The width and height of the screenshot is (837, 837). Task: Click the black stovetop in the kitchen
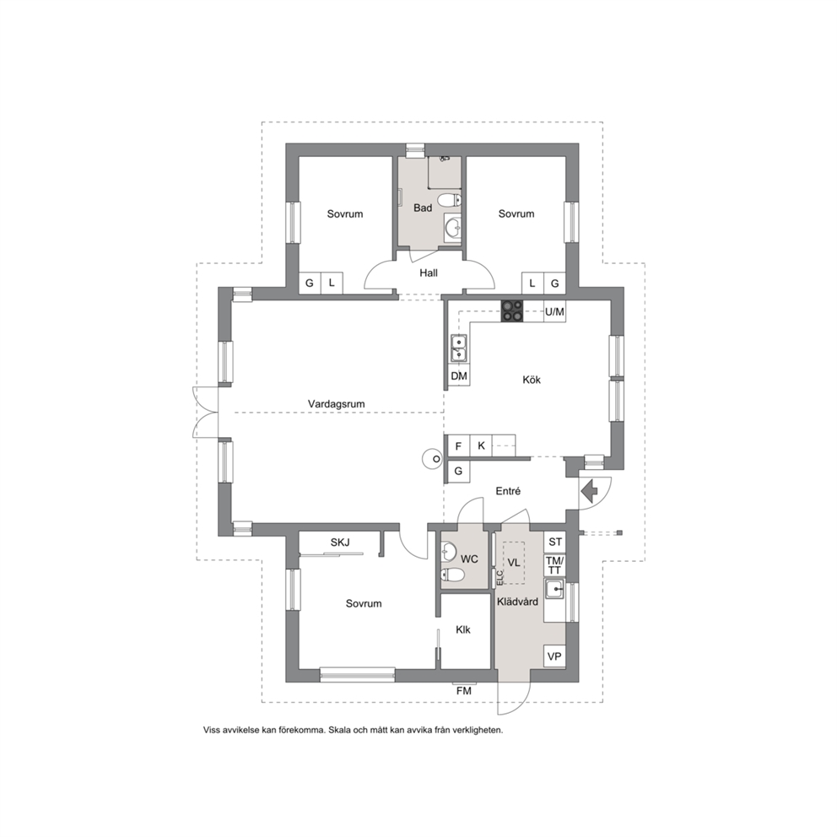click(x=512, y=311)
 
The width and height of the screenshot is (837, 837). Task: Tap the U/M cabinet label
click(x=554, y=311)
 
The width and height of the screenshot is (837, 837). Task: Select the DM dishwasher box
click(x=458, y=375)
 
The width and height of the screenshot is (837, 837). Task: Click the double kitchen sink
click(x=458, y=348)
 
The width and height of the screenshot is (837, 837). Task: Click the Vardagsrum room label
click(x=337, y=404)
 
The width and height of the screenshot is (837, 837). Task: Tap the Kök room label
click(x=532, y=380)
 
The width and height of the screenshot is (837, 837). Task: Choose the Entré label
click(x=508, y=491)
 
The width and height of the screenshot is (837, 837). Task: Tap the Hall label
click(x=429, y=273)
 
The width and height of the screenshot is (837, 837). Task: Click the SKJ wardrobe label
click(x=340, y=543)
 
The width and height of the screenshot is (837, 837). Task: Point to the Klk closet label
click(x=463, y=630)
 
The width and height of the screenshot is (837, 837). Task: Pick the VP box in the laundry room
click(x=554, y=656)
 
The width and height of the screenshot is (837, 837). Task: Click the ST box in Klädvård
click(x=555, y=542)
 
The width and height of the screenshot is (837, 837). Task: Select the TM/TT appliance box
click(x=555, y=565)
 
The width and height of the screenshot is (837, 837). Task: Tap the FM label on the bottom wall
click(x=464, y=691)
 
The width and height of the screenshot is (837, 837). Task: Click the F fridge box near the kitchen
click(x=458, y=445)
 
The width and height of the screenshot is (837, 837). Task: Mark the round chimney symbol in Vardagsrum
click(x=433, y=459)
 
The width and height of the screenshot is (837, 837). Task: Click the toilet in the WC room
click(x=452, y=575)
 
